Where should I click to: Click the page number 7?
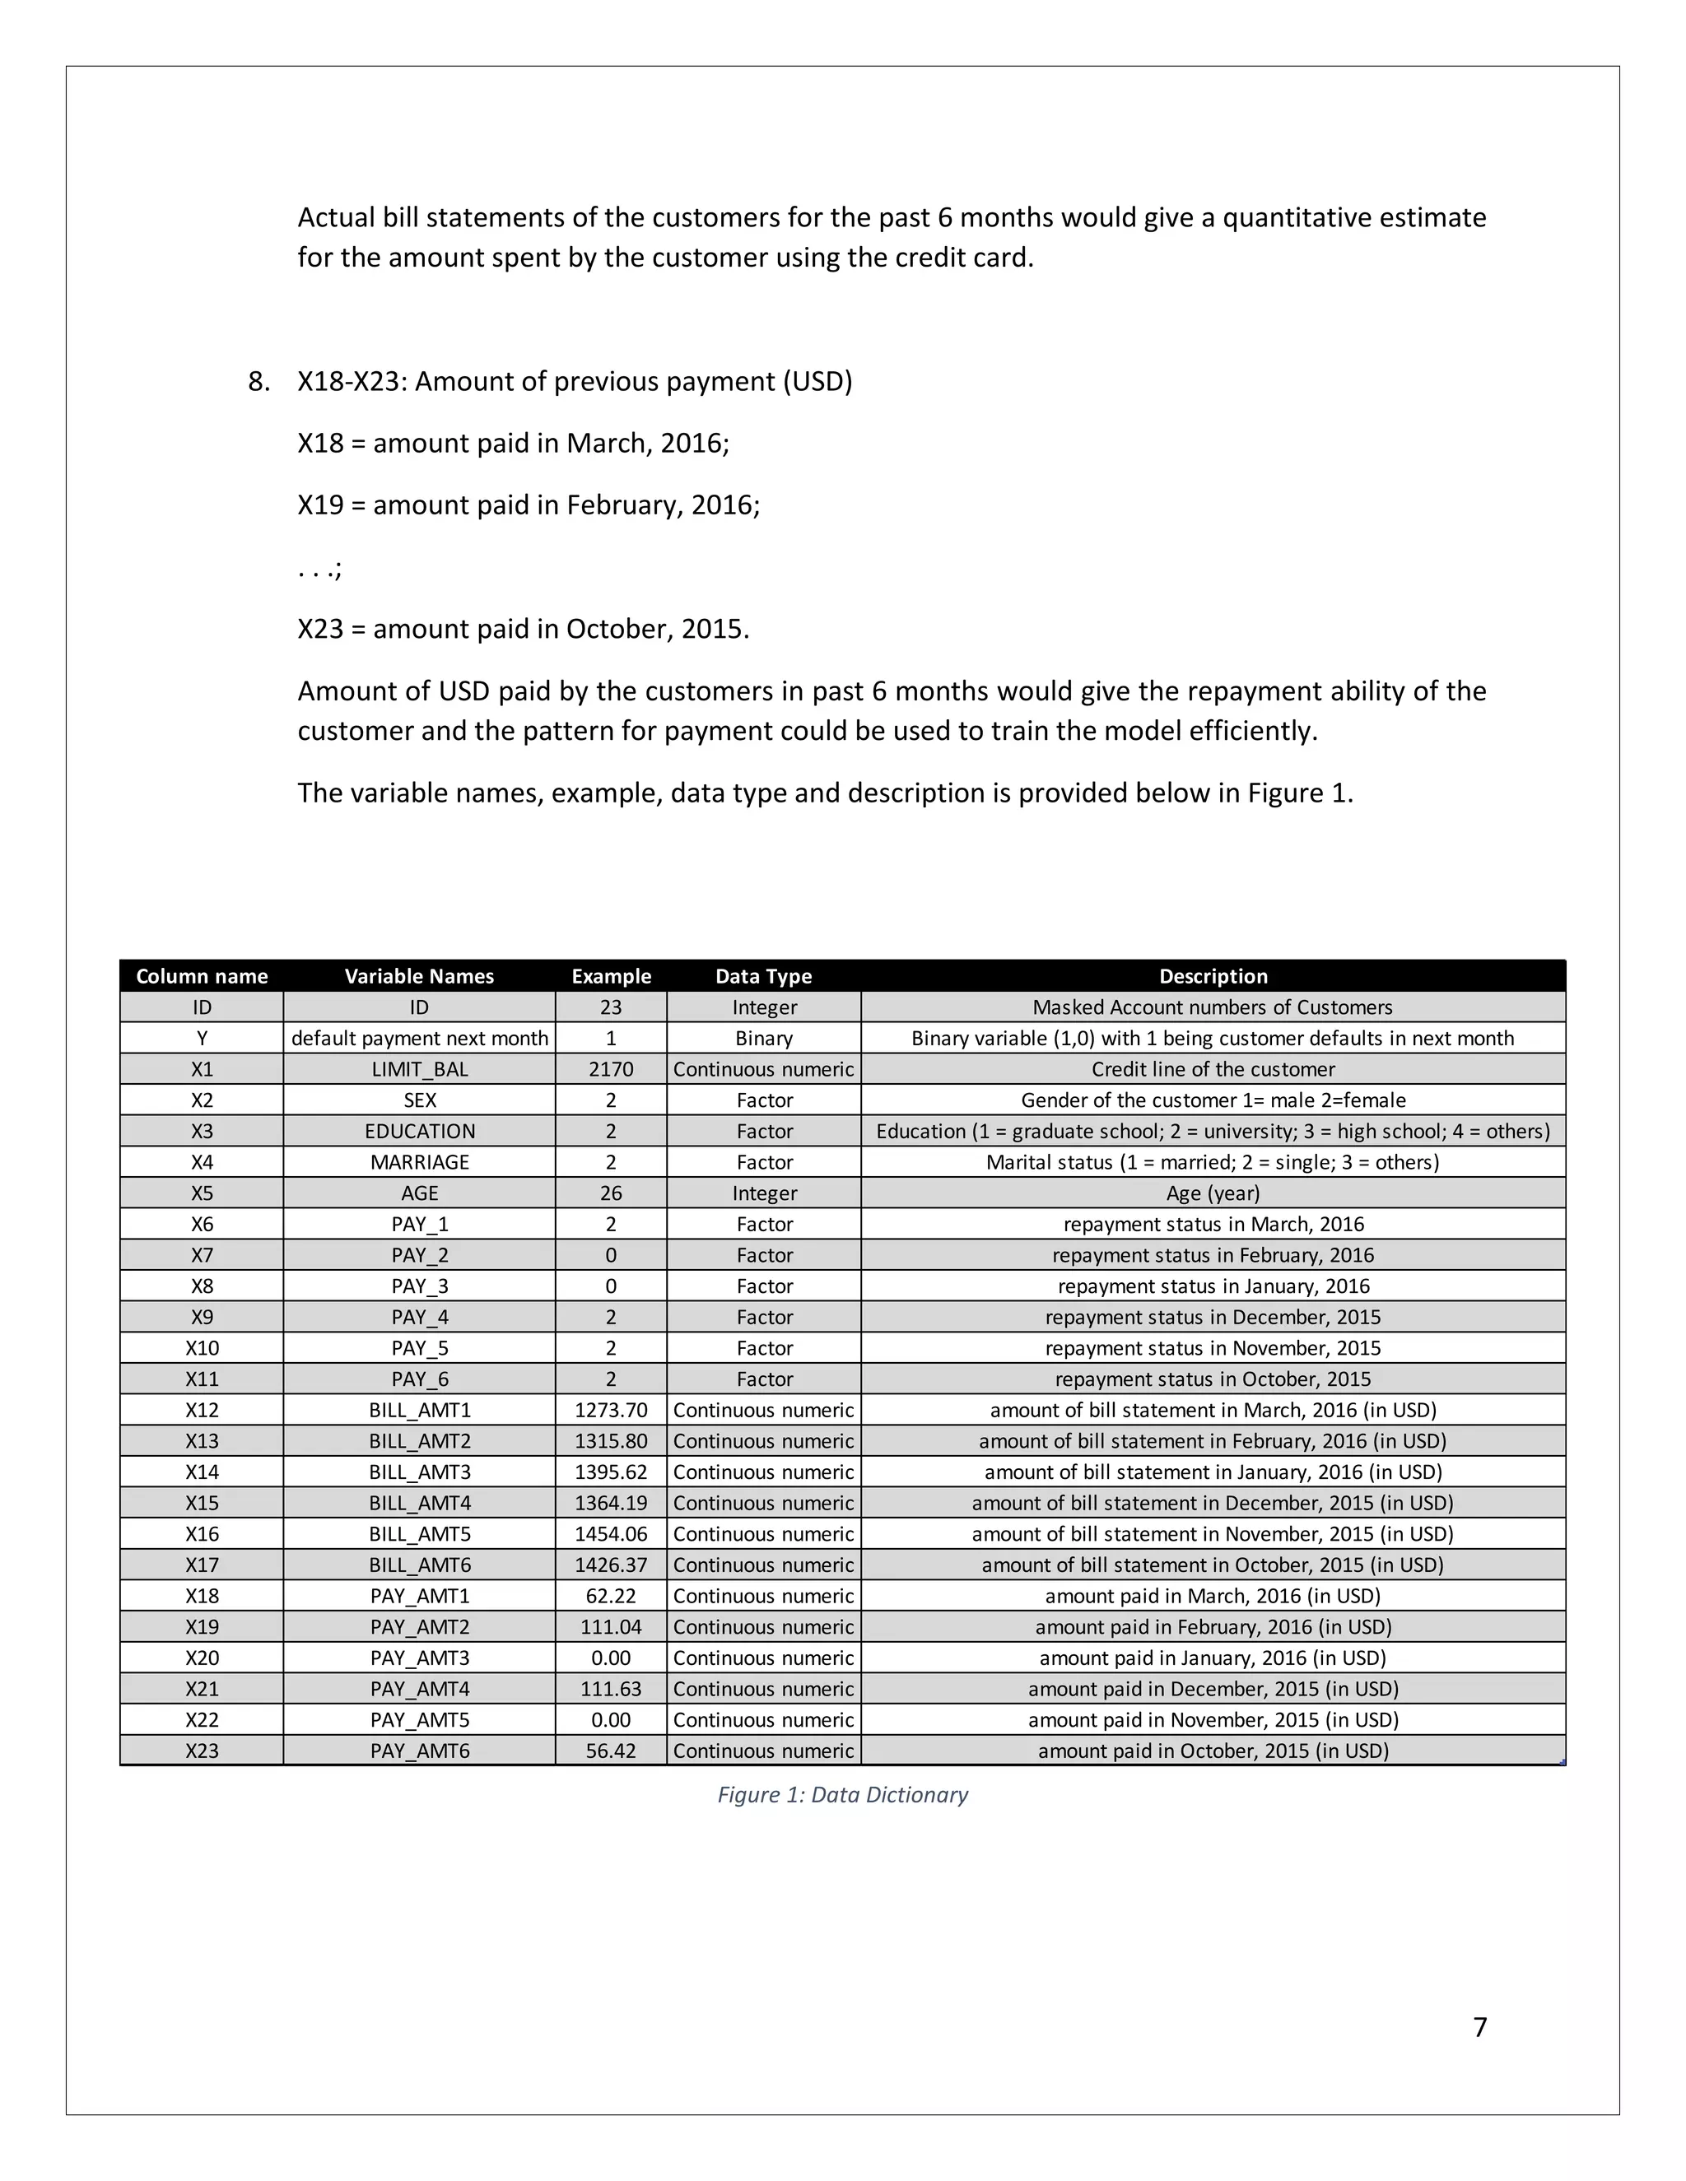click(x=1479, y=2026)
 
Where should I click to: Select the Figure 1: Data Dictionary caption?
click(x=842, y=1794)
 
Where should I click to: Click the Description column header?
click(x=1213, y=975)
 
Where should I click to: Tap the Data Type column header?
click(x=763, y=975)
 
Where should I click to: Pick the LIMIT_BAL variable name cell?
click(x=420, y=1068)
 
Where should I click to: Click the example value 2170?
click(x=610, y=1068)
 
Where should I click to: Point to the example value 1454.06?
click(x=610, y=1533)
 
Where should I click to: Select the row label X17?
click(x=202, y=1564)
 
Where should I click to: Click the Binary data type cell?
click(x=763, y=1038)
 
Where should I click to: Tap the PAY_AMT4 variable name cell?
click(x=420, y=1688)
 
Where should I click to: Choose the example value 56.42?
click(x=610, y=1750)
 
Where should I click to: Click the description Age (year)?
click(x=1213, y=1193)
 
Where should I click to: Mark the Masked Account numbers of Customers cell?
click(x=1213, y=1007)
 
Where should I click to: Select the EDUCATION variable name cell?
click(x=420, y=1131)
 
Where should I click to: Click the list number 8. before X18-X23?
click(x=258, y=382)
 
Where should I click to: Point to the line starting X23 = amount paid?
click(x=523, y=628)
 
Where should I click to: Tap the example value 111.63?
click(x=610, y=1688)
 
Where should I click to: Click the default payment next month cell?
click(x=420, y=1038)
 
